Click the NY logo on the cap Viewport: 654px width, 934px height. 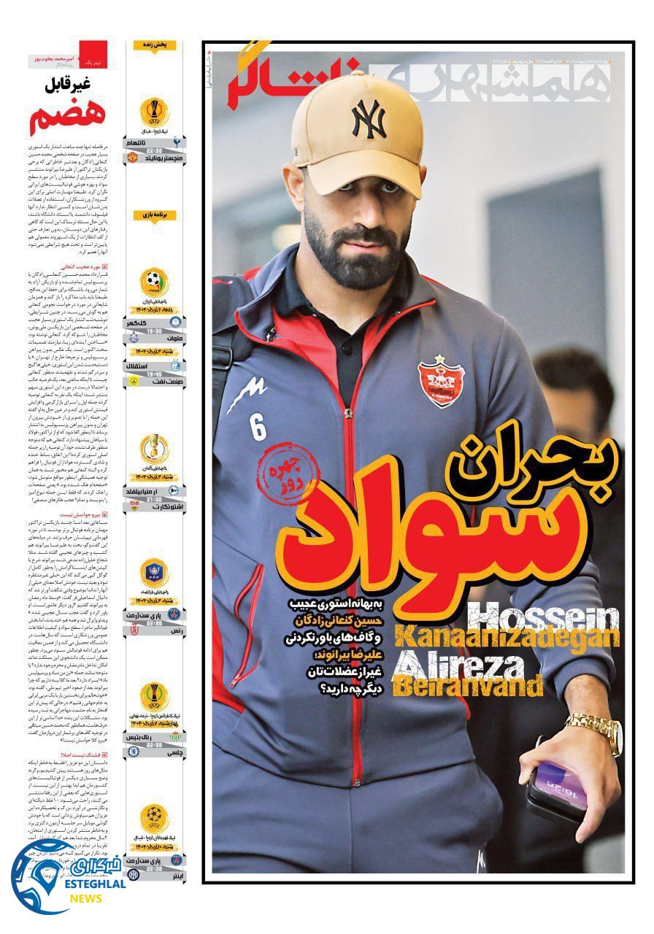[369, 119]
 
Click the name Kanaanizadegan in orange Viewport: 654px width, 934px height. [504, 638]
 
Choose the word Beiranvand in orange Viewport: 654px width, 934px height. [468, 687]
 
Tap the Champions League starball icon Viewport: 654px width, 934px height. [155, 817]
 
